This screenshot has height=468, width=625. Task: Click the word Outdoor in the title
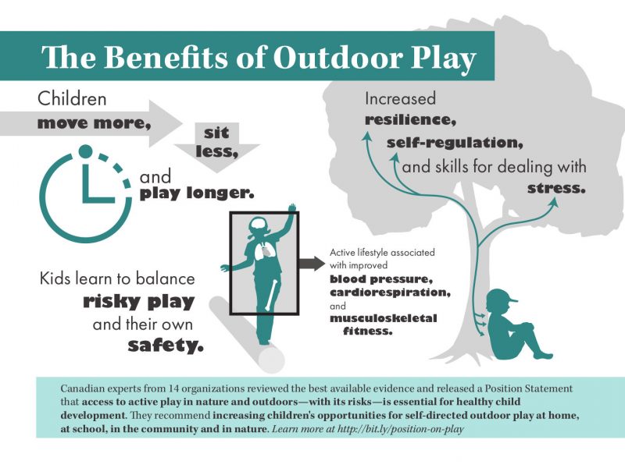pyautogui.click(x=337, y=57)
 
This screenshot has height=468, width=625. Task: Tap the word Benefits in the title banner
pyautogui.click(x=167, y=57)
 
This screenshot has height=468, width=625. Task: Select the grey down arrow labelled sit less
pyautogui.click(x=217, y=147)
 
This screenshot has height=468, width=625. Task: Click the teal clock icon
pyautogui.click(x=85, y=193)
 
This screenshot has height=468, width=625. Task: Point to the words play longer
pyautogui.click(x=197, y=193)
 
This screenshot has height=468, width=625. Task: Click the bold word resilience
pyautogui.click(x=410, y=119)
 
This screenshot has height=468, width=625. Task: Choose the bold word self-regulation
pyautogui.click(x=455, y=143)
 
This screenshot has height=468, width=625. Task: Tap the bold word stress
pyautogui.click(x=556, y=188)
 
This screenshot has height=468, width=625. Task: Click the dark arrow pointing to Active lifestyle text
pyautogui.click(x=312, y=263)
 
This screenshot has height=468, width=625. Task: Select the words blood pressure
pyautogui.click(x=381, y=279)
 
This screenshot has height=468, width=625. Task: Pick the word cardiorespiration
pyautogui.click(x=390, y=292)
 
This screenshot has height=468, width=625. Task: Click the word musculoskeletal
pyautogui.click(x=383, y=318)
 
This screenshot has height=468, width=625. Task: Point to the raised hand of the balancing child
pyautogui.click(x=292, y=208)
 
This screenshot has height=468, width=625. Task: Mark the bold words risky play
pyautogui.click(x=139, y=302)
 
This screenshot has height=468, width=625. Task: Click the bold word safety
pyautogui.click(x=166, y=346)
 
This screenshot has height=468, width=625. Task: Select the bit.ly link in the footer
pyautogui.click(x=401, y=429)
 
